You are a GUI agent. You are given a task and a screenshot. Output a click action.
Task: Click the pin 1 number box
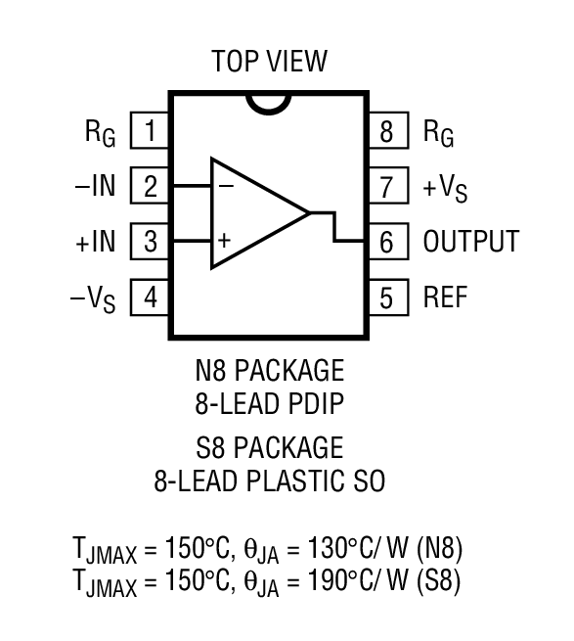click(150, 130)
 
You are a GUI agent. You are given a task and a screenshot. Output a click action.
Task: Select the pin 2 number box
click(150, 185)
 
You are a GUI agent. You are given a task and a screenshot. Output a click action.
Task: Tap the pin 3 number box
click(150, 241)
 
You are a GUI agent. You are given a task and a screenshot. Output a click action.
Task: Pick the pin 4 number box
click(150, 297)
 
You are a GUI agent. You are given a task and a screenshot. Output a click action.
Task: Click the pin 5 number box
click(388, 297)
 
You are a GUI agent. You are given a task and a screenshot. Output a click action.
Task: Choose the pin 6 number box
click(388, 241)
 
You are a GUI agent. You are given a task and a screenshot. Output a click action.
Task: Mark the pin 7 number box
click(388, 185)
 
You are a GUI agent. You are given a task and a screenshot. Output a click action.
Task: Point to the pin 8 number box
click(388, 130)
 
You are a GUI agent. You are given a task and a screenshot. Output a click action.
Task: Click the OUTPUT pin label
click(470, 241)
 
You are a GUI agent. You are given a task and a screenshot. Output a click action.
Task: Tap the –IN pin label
click(95, 185)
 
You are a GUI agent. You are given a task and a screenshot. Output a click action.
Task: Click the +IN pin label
click(95, 241)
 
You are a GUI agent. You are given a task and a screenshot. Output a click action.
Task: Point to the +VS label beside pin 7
click(445, 188)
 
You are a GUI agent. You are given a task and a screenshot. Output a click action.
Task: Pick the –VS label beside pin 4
click(95, 298)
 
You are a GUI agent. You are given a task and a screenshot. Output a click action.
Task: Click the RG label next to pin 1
click(100, 133)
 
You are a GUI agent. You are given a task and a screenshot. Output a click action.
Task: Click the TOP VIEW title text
click(269, 63)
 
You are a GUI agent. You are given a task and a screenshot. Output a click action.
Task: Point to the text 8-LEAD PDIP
click(269, 402)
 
